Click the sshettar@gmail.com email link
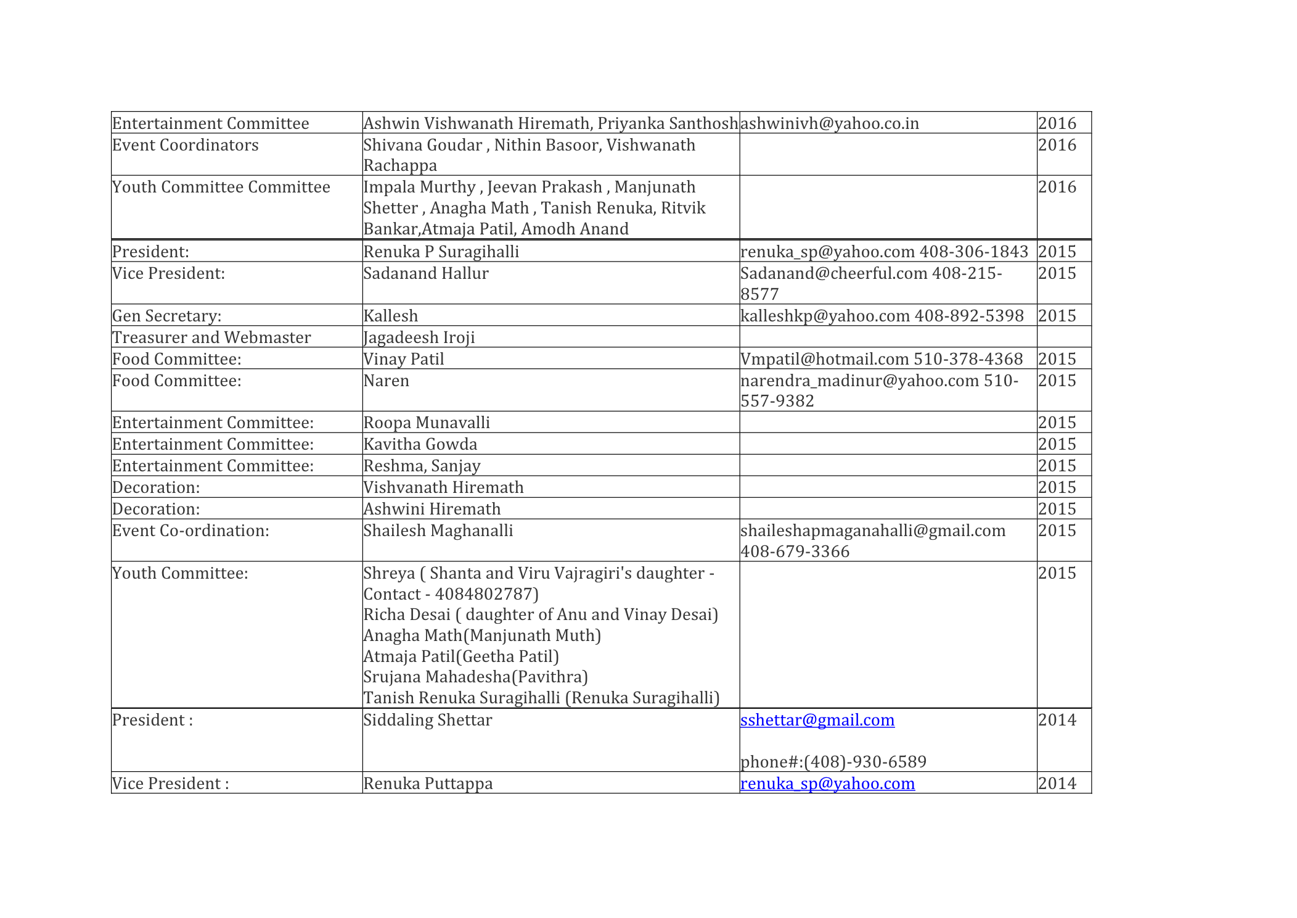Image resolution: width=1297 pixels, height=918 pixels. click(817, 720)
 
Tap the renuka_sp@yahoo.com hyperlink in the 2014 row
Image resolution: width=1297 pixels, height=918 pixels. click(827, 784)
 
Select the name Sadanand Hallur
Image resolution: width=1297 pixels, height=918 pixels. click(425, 273)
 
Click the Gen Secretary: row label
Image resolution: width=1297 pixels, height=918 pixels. click(166, 316)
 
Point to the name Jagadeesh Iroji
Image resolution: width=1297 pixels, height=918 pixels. click(419, 337)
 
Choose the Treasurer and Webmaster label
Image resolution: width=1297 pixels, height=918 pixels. click(211, 337)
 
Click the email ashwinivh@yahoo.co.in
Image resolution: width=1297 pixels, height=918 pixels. click(829, 123)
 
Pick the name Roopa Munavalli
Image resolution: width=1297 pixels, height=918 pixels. click(427, 423)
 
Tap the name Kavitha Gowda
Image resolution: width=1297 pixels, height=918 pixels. click(420, 444)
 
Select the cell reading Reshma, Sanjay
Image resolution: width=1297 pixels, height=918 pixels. click(422, 466)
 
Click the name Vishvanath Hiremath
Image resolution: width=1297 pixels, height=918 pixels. click(443, 487)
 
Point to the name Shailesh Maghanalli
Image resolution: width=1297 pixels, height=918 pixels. click(438, 531)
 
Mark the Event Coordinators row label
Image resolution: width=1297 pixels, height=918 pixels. click(185, 145)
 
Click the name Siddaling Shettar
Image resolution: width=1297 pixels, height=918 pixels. click(427, 720)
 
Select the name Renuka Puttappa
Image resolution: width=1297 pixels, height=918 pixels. click(428, 784)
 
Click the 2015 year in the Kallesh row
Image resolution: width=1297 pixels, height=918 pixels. click(1057, 316)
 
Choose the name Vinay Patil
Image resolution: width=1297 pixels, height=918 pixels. click(403, 359)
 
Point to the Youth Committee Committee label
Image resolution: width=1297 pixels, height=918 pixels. click(221, 187)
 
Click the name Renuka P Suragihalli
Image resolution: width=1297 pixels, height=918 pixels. click(441, 252)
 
